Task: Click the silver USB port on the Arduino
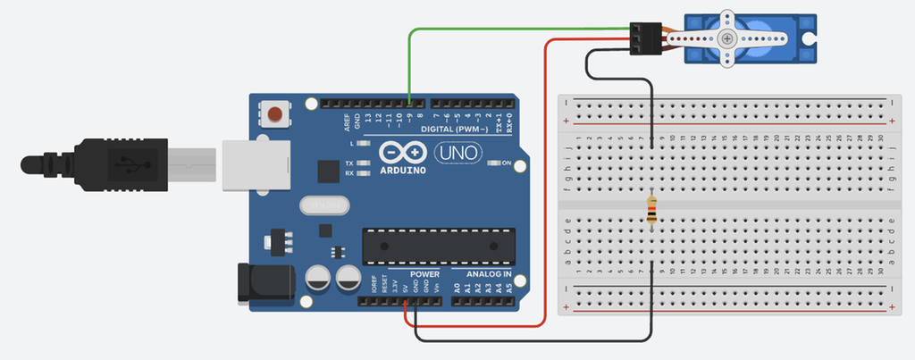pyautogui.click(x=256, y=164)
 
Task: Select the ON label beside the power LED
pyautogui.click(x=506, y=163)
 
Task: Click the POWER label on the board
pyautogui.click(x=425, y=273)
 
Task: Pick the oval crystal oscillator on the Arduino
pyautogui.click(x=321, y=206)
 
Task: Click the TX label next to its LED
pyautogui.click(x=348, y=163)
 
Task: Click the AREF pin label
pyautogui.click(x=346, y=118)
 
